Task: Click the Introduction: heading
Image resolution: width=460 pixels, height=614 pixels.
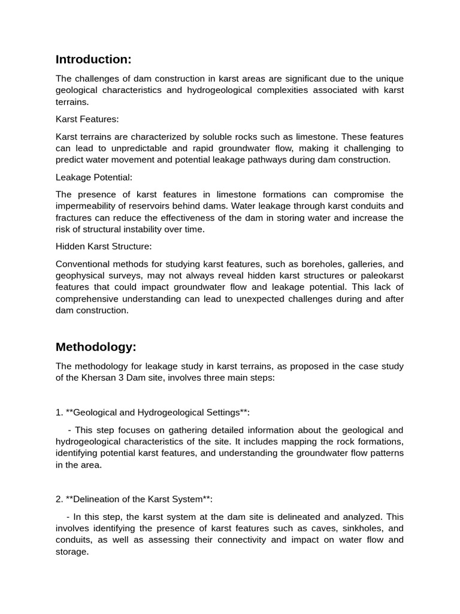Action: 93,59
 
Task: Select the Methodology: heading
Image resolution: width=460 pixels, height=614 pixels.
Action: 96,347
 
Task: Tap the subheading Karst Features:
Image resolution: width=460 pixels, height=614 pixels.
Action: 87,119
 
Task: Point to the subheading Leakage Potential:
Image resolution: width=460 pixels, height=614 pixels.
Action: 93,177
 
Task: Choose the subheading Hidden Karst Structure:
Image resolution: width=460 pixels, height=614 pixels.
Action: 104,246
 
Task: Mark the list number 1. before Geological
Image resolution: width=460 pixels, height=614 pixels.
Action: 59,412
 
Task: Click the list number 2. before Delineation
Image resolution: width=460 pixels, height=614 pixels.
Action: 59,499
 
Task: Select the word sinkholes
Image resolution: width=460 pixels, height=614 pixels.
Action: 358,528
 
